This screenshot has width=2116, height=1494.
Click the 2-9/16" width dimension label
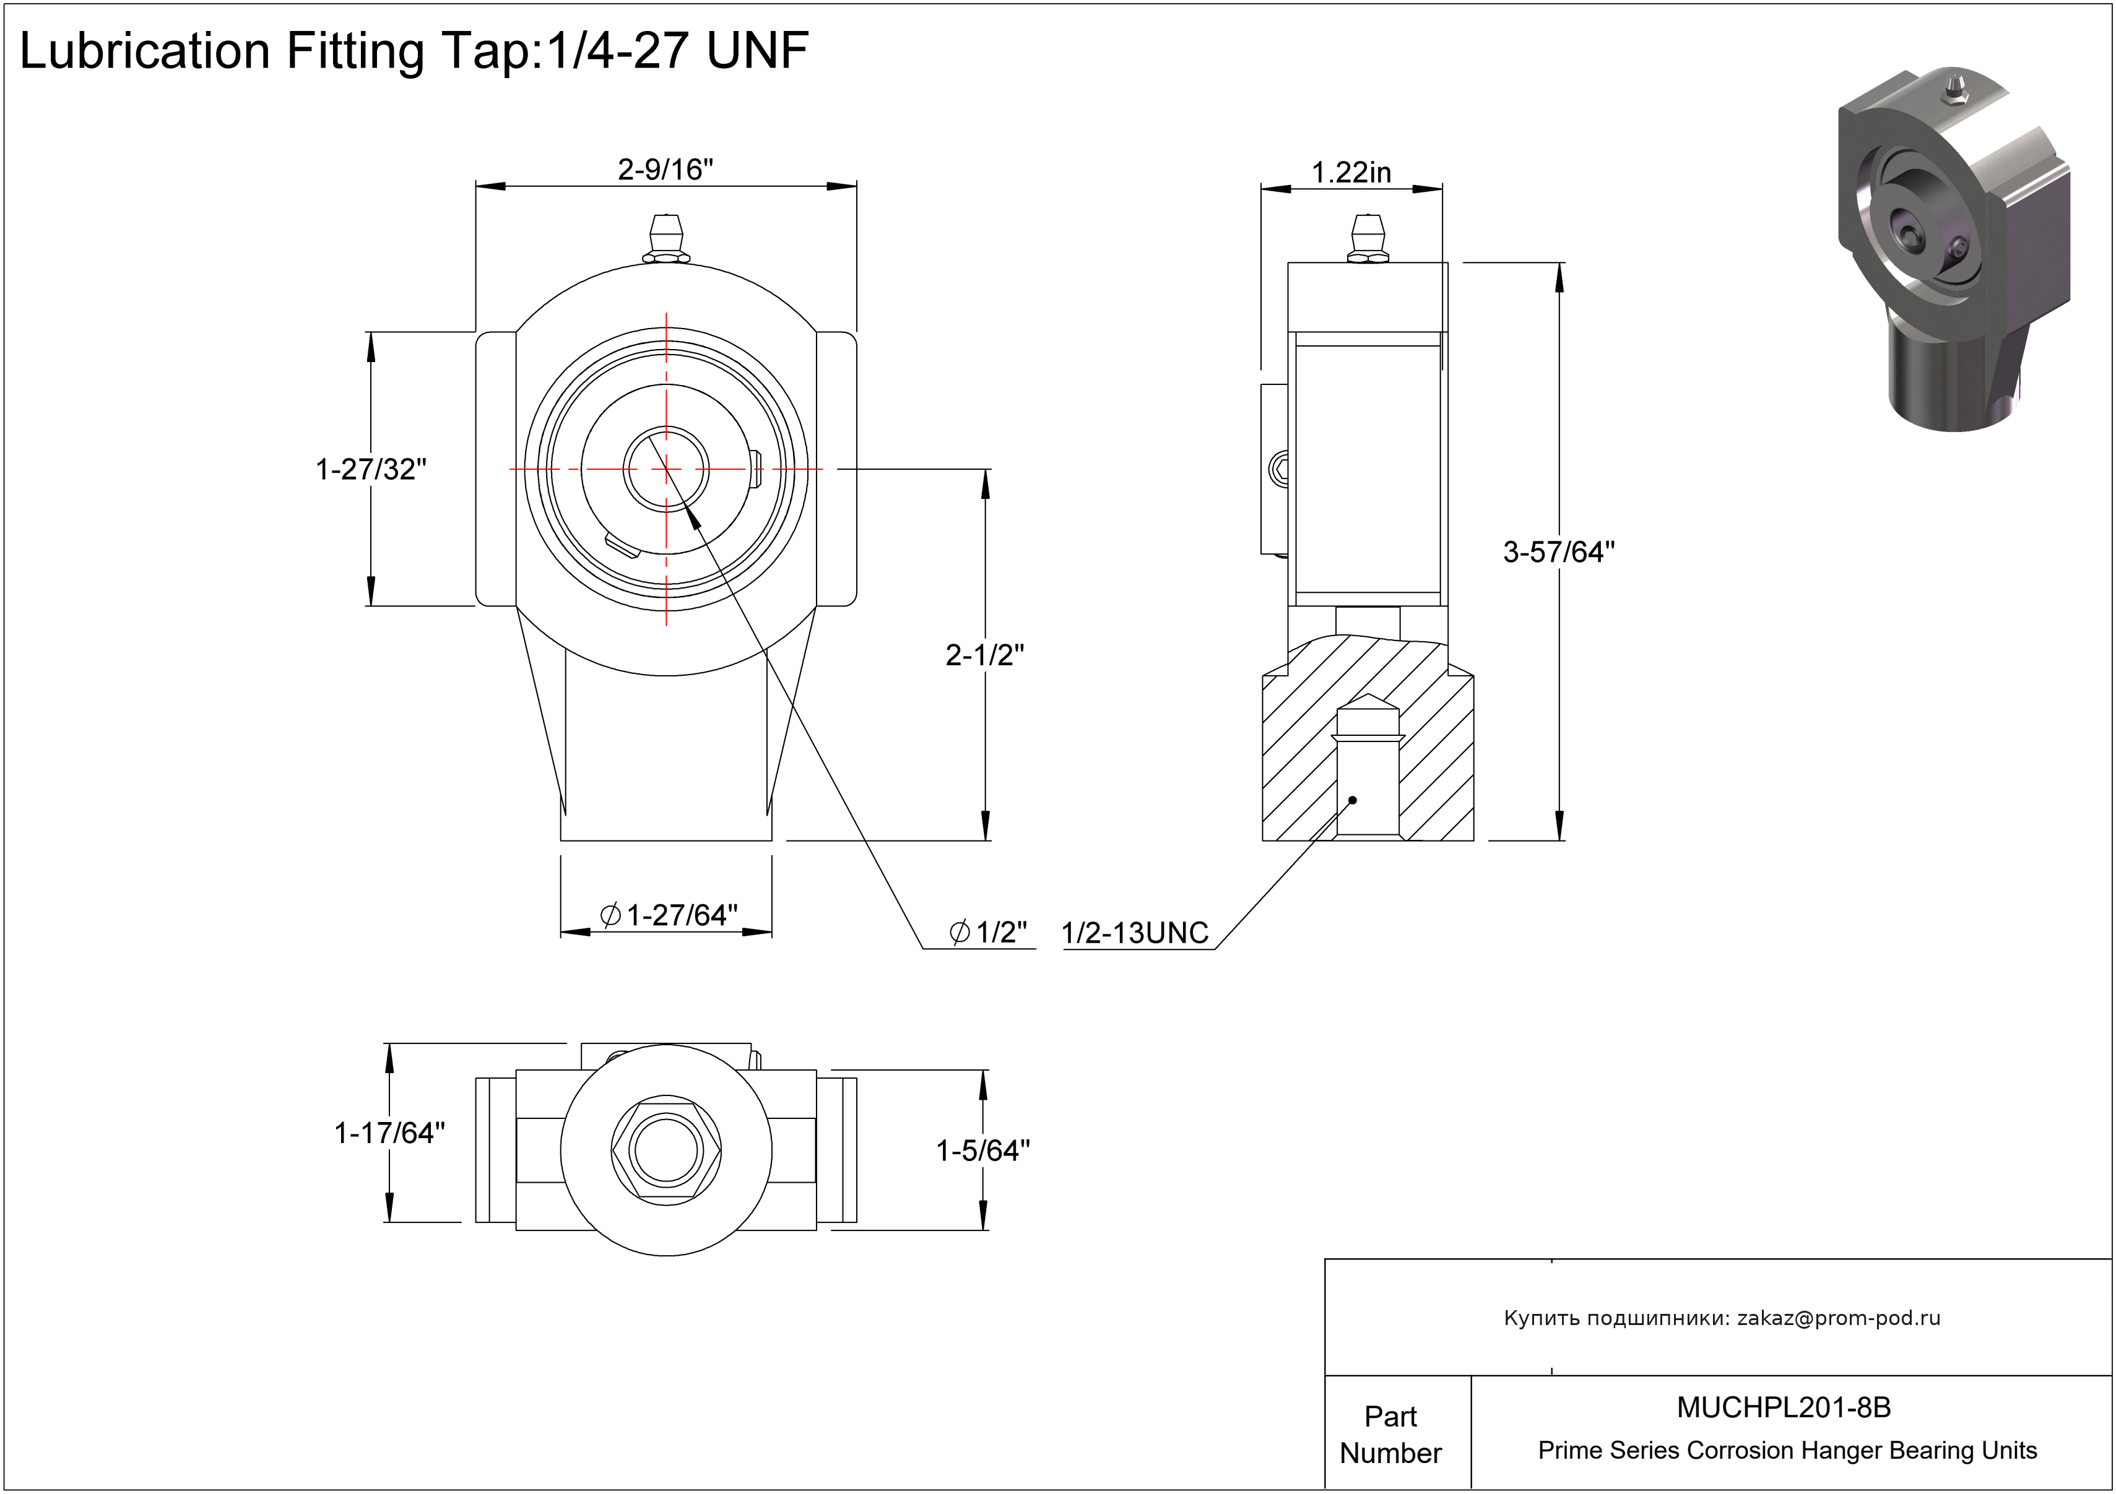[666, 170]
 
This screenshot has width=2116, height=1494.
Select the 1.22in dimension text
[1351, 172]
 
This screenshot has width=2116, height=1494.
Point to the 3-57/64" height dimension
[1558, 551]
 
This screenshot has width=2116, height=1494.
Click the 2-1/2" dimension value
[984, 655]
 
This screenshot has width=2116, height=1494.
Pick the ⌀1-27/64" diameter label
[669, 915]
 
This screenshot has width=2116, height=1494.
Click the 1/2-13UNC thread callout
[1135, 933]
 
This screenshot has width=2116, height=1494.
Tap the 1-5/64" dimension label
[982, 1151]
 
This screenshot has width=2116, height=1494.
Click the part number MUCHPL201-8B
[1784, 1407]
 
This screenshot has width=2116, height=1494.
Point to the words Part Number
[1390, 1434]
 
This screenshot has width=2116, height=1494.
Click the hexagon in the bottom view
[666, 1151]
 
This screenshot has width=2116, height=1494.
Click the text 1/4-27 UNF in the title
[677, 51]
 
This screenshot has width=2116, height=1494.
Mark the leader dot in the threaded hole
[1353, 800]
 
